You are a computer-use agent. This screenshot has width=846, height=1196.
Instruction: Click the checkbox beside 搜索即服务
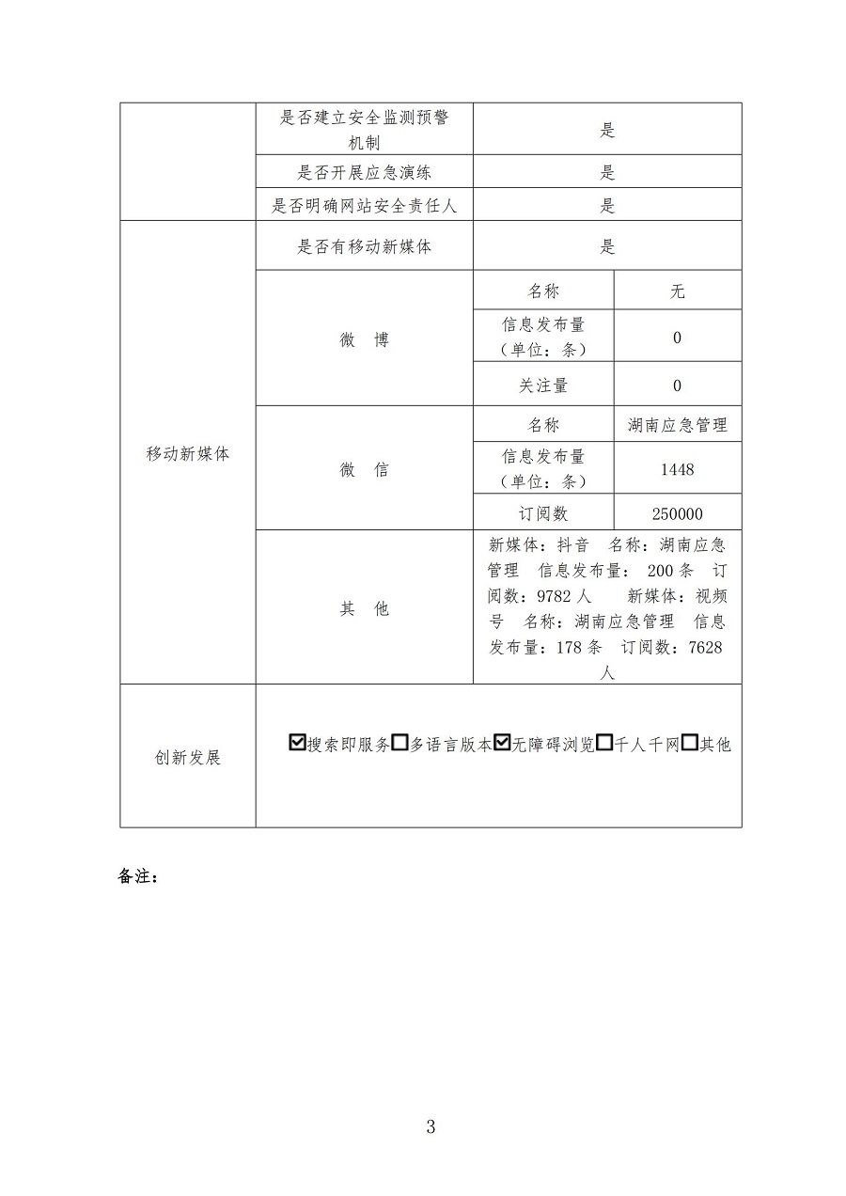299,743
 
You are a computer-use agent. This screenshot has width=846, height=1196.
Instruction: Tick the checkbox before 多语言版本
399,743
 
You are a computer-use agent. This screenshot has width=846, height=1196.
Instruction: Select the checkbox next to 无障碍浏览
502,743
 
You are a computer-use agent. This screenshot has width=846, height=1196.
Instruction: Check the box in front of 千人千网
604,743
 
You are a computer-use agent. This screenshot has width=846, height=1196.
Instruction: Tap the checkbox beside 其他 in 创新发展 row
689,743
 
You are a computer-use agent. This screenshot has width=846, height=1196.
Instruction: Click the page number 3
431,1126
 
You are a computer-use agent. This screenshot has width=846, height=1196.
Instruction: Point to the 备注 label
138,876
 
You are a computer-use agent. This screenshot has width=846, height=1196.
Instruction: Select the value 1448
677,468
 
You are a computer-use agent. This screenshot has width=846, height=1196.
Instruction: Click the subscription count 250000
677,514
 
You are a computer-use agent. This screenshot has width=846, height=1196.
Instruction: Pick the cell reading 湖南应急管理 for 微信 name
677,425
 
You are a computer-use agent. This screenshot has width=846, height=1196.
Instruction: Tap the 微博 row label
364,340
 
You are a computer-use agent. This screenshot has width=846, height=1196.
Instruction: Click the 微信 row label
364,469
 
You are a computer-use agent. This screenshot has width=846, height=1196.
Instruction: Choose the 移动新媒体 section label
188,453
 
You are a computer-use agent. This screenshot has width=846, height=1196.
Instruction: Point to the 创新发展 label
188,758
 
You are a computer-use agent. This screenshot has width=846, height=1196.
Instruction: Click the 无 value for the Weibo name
677,291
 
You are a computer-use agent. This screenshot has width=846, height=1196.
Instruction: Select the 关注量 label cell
543,386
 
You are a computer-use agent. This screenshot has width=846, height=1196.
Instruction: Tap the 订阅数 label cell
543,514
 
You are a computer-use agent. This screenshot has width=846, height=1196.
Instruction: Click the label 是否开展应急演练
365,172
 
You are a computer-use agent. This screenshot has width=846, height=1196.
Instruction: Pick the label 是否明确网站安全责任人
365,206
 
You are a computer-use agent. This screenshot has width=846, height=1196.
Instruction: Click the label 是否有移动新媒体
365,247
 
